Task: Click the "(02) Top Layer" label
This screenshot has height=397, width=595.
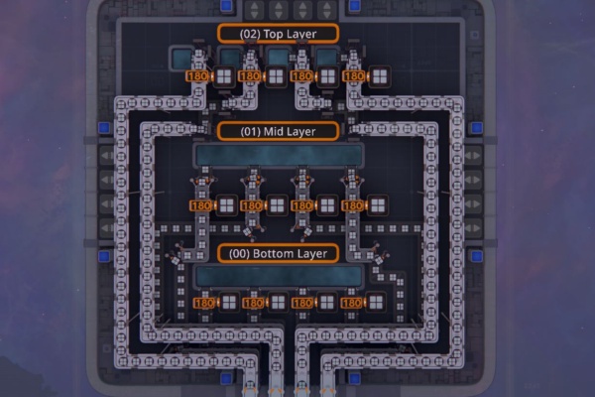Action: tap(277, 33)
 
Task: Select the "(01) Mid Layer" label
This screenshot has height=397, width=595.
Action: tap(277, 130)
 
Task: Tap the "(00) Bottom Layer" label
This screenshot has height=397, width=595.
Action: tap(277, 253)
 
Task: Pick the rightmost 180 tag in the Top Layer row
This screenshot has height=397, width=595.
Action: tap(353, 75)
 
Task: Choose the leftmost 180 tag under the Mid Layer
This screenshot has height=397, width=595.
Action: tap(200, 205)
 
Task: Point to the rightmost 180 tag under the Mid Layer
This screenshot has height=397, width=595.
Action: tap(353, 205)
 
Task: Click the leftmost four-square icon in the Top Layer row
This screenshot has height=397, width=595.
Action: tap(225, 75)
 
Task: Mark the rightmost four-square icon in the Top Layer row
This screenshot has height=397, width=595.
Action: tap(379, 75)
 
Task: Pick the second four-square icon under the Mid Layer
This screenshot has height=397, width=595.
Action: tap(277, 205)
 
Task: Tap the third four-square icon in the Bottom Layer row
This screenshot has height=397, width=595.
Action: tap(328, 303)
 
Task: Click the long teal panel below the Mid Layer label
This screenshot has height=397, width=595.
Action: tap(278, 156)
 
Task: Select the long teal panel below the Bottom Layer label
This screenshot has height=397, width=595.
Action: tap(278, 276)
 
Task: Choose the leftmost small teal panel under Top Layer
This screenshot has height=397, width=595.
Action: tap(182, 59)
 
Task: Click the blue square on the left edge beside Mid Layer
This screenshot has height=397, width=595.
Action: tap(103, 128)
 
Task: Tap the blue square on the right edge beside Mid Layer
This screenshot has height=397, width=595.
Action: tap(475, 128)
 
